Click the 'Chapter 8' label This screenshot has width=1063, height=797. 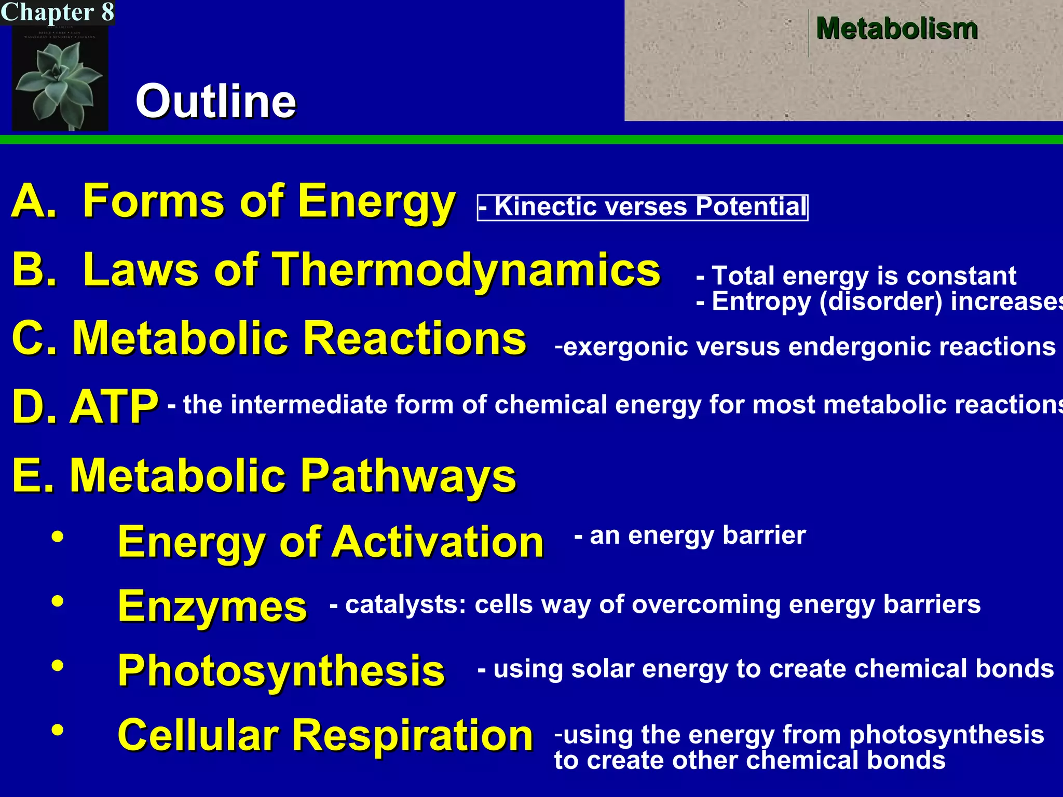coord(57,12)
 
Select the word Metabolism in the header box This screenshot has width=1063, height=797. coord(896,29)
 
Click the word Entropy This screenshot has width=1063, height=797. coord(761,302)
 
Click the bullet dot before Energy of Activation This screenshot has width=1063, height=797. coord(58,538)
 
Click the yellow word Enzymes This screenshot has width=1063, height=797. coord(212,606)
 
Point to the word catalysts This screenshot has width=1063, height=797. coord(405,605)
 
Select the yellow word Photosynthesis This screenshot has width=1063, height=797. coord(281,670)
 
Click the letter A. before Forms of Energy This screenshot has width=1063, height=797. coord(34,201)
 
